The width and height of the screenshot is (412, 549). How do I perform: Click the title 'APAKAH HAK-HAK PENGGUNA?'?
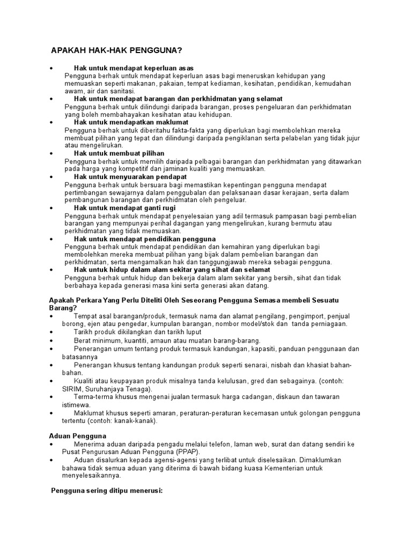coord(116,50)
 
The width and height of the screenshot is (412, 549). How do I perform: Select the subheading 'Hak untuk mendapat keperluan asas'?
coord(134,68)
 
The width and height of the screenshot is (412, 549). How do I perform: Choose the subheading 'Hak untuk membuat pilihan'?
coord(119,153)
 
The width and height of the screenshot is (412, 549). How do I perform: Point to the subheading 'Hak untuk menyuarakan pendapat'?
coord(130,176)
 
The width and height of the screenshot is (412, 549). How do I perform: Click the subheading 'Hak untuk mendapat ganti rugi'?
coord(125,207)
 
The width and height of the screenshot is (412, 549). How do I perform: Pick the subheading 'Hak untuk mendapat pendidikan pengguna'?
coord(145,239)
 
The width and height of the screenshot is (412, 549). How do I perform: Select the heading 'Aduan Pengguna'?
coord(77,436)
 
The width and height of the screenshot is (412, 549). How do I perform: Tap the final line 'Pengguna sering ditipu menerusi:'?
coord(106,491)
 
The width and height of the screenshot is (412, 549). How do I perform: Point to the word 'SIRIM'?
coord(74,389)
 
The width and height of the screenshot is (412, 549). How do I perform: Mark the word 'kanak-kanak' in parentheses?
coord(136,421)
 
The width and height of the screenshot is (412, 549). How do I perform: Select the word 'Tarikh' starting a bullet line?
coord(84,332)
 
